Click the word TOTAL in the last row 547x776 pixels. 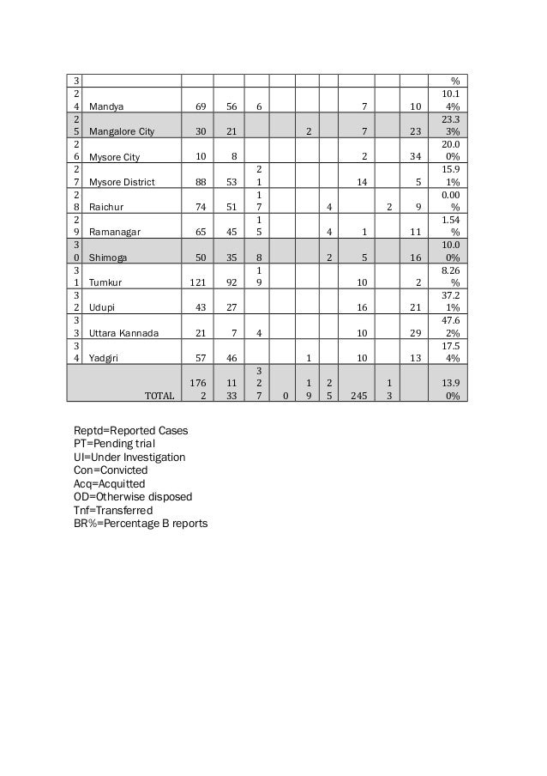159,396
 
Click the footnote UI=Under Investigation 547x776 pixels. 129,458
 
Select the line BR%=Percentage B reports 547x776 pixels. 141,524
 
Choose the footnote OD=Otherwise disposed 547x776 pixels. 133,497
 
